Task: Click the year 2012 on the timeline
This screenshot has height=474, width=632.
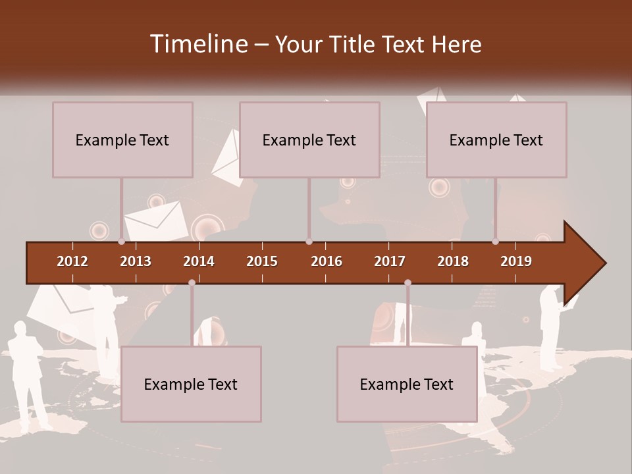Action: click(72, 261)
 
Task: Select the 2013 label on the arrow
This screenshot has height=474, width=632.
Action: click(136, 261)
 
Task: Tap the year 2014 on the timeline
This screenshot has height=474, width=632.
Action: click(199, 261)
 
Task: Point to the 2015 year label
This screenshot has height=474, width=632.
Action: click(262, 261)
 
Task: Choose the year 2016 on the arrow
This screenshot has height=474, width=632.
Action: click(327, 261)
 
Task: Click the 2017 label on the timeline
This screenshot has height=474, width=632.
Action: click(390, 261)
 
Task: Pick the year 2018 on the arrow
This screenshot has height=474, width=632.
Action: click(453, 261)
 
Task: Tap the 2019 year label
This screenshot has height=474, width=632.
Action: click(516, 261)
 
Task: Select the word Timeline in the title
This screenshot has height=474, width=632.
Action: click(199, 44)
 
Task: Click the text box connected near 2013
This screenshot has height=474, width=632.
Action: click(122, 140)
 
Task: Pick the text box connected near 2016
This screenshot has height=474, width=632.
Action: click(309, 140)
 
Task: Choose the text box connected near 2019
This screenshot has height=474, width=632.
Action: click(496, 140)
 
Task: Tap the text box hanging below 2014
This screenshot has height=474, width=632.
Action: click(191, 384)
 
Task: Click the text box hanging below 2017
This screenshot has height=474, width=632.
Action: click(407, 384)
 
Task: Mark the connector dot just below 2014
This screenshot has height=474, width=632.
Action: click(192, 283)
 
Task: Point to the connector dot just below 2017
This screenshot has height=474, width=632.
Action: click(408, 283)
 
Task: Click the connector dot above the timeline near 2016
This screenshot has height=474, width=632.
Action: click(309, 242)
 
